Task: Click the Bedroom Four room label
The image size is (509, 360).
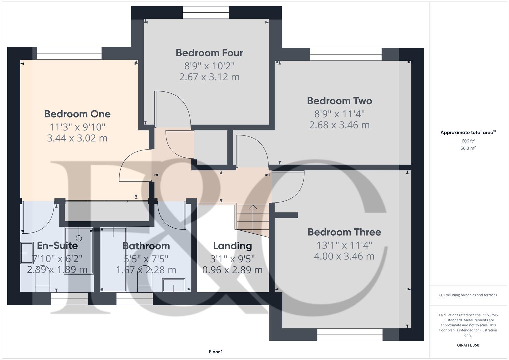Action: [x=209, y=53]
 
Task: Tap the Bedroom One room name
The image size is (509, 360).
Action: [x=77, y=114]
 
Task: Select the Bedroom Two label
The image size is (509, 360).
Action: [x=339, y=101]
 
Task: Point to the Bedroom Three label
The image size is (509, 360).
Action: [x=344, y=232]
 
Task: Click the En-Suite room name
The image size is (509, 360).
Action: [x=57, y=246]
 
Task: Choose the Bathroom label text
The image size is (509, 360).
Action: [x=146, y=246]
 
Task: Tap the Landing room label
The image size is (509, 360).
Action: [x=232, y=246]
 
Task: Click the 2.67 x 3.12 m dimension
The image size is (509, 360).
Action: [x=209, y=77]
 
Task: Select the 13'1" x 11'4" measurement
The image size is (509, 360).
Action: [x=344, y=245]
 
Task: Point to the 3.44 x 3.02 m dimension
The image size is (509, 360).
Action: [x=77, y=138]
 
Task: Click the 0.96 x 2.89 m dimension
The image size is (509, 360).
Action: [x=232, y=270]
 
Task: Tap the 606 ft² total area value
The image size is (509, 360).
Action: [x=468, y=141]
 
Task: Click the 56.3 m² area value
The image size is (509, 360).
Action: [x=468, y=148]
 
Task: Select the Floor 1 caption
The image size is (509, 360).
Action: [x=216, y=352]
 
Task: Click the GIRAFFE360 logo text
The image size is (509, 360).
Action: [x=468, y=345]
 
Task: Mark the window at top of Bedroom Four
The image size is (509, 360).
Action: [x=206, y=13]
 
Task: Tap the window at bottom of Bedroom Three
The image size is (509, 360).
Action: [x=350, y=335]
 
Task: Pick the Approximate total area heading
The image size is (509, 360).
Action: [x=468, y=133]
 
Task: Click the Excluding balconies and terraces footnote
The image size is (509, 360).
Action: [x=468, y=295]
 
